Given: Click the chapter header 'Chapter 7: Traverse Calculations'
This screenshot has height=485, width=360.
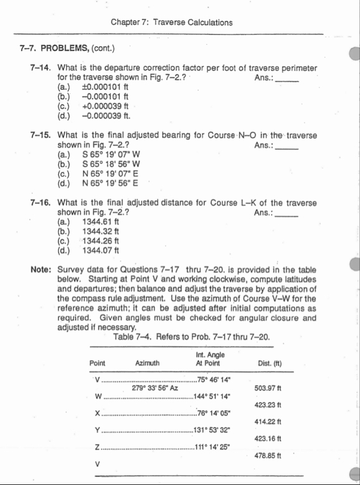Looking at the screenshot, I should pos(171,22).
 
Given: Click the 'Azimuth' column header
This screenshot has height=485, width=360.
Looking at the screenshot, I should pos(148,363).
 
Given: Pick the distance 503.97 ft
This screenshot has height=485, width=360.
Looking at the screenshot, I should pos(270,388).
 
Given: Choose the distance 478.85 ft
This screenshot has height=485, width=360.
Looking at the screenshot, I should pos(270,456).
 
